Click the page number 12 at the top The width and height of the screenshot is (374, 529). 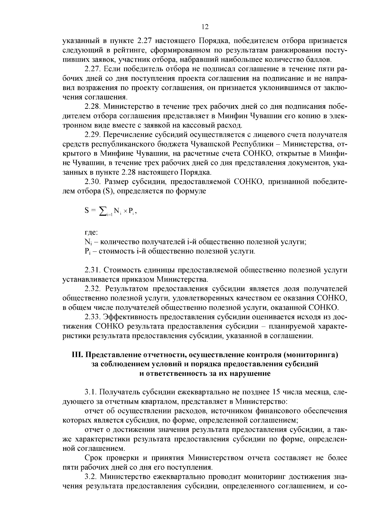[x=205, y=27]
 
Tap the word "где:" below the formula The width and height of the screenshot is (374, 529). [x=91, y=233]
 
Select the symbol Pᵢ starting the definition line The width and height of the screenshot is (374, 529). [x=87, y=252]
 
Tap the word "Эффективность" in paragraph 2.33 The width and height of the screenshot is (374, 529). [x=131, y=317]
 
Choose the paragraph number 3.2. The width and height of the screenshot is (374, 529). [x=90, y=477]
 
